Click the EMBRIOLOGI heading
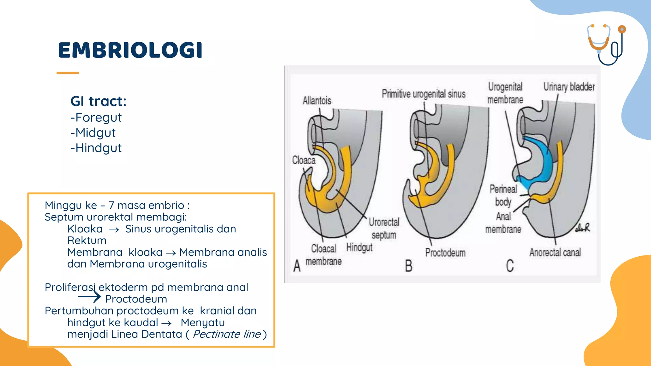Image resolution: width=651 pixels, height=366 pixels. [x=130, y=50]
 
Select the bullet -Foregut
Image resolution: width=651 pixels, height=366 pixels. [x=96, y=118]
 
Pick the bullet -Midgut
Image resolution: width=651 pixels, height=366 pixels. [x=93, y=133]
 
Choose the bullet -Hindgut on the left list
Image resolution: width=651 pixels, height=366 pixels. [x=96, y=148]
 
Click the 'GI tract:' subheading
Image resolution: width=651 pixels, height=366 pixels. [x=98, y=101]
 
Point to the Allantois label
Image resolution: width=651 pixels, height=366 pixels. [x=317, y=101]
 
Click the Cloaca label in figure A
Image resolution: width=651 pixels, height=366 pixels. [x=304, y=160]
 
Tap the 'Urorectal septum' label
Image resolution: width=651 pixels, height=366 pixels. [x=384, y=228]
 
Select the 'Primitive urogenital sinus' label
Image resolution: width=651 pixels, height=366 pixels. [x=423, y=94]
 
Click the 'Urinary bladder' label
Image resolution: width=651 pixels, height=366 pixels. [x=569, y=87]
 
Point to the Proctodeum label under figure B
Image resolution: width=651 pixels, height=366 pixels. [x=445, y=253]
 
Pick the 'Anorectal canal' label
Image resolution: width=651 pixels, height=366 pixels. [x=555, y=253]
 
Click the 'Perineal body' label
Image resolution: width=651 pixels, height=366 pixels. [x=503, y=195]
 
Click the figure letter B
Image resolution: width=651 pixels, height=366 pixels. [x=408, y=266]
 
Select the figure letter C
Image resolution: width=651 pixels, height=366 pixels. [x=510, y=266]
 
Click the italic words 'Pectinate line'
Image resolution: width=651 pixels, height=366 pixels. [x=226, y=334]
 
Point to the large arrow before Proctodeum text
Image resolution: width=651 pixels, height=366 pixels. [x=89, y=297]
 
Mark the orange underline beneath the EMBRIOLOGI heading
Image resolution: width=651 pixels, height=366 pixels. [x=68, y=73]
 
